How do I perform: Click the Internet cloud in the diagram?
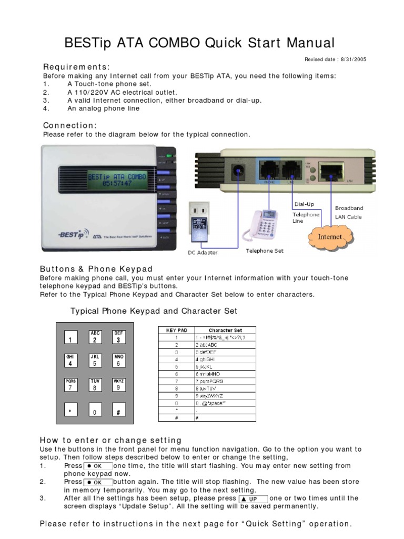click(329, 236)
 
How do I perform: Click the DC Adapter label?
click(203, 253)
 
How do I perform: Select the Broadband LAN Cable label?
click(349, 213)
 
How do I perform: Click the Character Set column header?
click(225, 331)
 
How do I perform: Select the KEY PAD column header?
click(177, 331)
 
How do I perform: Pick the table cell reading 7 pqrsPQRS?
click(209, 381)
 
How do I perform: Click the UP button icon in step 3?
click(253, 498)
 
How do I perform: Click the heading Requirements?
click(76, 67)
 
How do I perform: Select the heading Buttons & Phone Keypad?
click(96, 269)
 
